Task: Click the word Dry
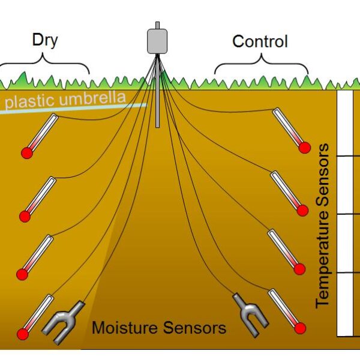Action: pos(44,41)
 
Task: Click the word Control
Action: pos(260,41)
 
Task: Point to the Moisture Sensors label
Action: pos(159,328)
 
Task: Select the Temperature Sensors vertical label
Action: pos(323,225)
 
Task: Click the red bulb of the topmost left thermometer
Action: pos(26,153)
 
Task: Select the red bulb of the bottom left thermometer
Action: pos(23,334)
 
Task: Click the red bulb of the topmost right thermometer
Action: pos(304,148)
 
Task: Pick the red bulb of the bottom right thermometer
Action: pos(300,328)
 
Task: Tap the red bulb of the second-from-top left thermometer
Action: pos(25,215)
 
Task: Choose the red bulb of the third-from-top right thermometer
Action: pos(302,269)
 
